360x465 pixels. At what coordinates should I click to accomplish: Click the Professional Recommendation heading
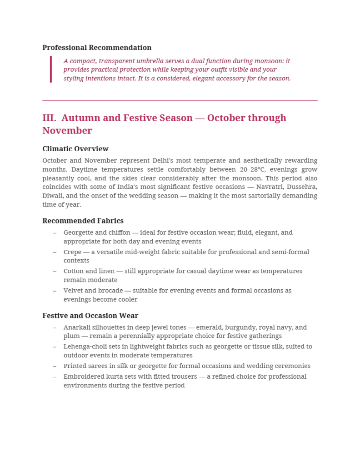click(97, 48)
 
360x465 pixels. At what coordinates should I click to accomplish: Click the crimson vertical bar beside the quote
click(51, 69)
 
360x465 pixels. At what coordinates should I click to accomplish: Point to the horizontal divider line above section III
click(180, 100)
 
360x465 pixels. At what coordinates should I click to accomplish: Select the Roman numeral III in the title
click(49, 118)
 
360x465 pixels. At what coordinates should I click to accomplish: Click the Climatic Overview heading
click(75, 149)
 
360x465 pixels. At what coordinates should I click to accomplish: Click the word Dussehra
click(302, 187)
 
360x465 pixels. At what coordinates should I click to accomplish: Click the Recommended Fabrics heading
click(83, 221)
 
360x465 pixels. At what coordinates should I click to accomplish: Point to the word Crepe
click(73, 252)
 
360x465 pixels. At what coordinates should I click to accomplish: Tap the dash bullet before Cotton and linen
click(55, 271)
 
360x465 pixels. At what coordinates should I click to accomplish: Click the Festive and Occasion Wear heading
click(90, 316)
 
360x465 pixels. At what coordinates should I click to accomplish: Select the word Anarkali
click(78, 327)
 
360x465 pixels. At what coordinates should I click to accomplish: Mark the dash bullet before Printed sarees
click(55, 366)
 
